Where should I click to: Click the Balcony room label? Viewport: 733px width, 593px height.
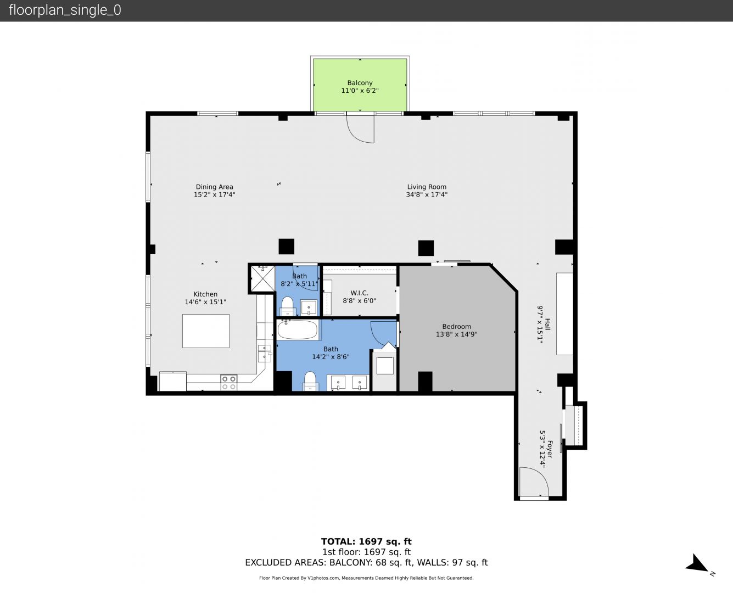point(360,83)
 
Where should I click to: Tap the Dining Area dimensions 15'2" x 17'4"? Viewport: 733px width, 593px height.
point(214,195)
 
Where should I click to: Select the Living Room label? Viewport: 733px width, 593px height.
point(427,187)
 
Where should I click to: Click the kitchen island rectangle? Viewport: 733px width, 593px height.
point(206,331)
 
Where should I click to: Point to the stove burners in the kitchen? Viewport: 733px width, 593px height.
point(229,383)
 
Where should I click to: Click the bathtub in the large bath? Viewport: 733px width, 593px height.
point(298,329)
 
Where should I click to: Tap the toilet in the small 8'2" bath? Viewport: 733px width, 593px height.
point(287,306)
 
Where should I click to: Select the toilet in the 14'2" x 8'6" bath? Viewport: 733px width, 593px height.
point(310,381)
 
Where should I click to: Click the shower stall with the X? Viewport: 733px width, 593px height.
point(262,279)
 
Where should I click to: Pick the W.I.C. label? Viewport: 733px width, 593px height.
point(359,293)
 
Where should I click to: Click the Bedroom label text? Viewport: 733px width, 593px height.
point(456,326)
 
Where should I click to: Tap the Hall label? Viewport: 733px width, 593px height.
point(547,324)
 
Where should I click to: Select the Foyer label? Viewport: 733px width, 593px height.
point(549,449)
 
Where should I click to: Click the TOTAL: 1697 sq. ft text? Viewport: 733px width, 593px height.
point(366,541)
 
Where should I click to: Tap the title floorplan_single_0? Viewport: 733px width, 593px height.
point(65,10)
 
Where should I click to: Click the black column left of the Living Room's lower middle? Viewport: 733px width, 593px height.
point(286,247)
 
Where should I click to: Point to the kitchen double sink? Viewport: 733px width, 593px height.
point(264,353)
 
